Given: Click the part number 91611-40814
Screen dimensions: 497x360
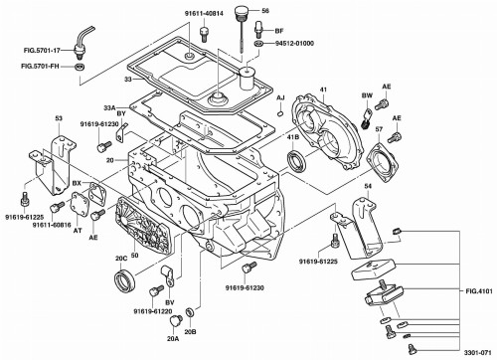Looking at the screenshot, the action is tap(204, 14).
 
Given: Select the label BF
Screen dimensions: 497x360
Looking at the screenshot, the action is tap(279, 31).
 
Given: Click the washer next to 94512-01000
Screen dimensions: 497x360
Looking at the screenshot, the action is tap(258, 44).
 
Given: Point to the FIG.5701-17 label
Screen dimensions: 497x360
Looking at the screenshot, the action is tap(42, 51).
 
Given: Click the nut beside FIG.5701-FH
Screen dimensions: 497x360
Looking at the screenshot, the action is tap(80, 67).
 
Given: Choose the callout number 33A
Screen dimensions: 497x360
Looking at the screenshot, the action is tap(110, 108).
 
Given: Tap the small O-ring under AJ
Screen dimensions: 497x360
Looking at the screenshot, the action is tap(280, 113).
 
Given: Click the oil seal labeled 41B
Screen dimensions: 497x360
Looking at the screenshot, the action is tap(295, 161).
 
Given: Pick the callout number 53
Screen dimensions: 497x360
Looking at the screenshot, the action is tap(59, 118).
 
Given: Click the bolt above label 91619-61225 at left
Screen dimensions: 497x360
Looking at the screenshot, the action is tap(24, 198).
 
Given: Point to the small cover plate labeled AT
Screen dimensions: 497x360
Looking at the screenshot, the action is tap(80, 204).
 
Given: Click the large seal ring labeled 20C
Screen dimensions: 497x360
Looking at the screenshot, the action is tap(124, 281).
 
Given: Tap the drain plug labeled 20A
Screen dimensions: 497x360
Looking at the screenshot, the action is tap(175, 321).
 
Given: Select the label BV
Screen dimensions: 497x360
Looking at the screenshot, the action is tap(170, 302).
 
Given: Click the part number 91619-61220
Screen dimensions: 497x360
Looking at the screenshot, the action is tap(153, 312).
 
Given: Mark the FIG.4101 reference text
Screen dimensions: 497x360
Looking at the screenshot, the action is tap(479, 291).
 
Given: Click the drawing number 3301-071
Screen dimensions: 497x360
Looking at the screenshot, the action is tap(477, 353).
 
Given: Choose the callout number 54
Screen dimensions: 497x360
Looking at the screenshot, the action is tap(368, 186).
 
